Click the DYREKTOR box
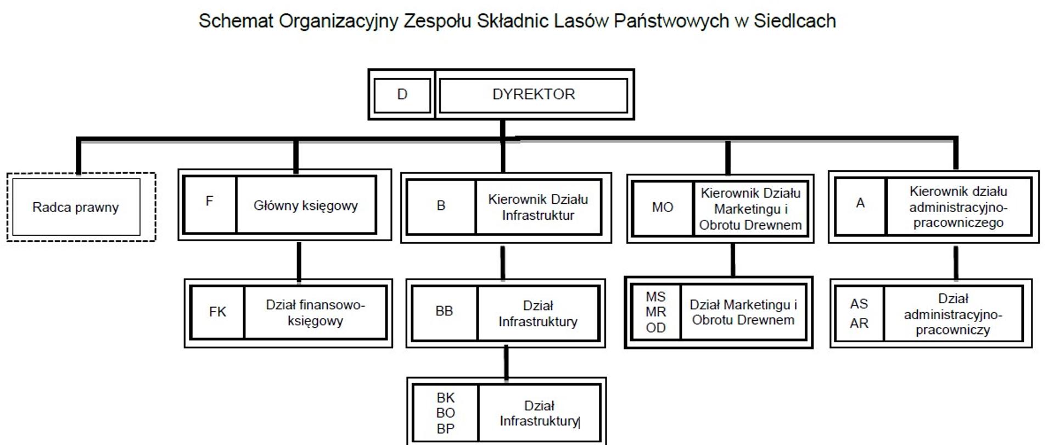pyautogui.click(x=533, y=94)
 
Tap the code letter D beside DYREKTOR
pyautogui.click(x=402, y=94)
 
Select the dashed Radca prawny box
pyautogui.click(x=76, y=207)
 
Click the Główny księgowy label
pyautogui.click(x=305, y=205)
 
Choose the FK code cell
pyautogui.click(x=217, y=312)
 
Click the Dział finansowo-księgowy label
pyautogui.click(x=315, y=312)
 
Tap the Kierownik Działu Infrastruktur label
pyautogui.click(x=538, y=207)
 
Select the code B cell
pyautogui.click(x=441, y=206)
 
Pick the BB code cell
pyautogui.click(x=444, y=311)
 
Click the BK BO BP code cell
pyautogui.click(x=445, y=413)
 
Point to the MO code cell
pyautogui.click(x=662, y=208)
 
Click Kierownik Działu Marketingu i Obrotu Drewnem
pyautogui.click(x=750, y=209)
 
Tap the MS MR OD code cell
pyautogui.click(x=655, y=312)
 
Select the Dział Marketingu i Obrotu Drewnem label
pyautogui.click(x=743, y=312)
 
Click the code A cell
pyautogui.click(x=860, y=203)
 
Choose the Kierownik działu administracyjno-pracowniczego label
pyautogui.click(x=958, y=207)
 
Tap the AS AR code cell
pyautogui.click(x=859, y=314)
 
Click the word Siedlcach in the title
pyautogui.click(x=794, y=21)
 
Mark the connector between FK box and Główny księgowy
pyautogui.click(x=299, y=261)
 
